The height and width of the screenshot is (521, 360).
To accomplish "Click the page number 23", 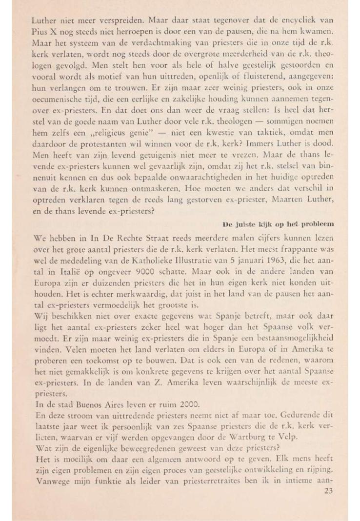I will (328, 491).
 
